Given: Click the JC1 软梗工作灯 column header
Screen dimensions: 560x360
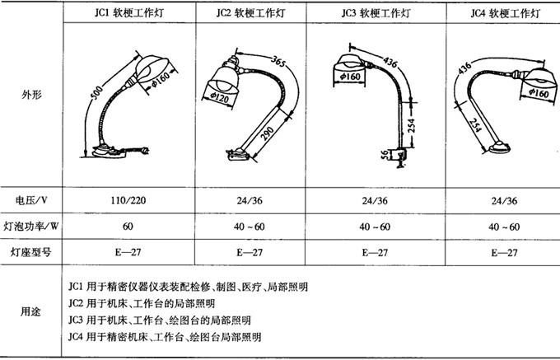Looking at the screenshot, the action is coord(129,13).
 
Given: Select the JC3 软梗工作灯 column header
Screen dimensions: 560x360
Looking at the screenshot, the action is coord(376,13).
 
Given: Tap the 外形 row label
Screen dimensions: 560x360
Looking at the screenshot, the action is coord(31,95).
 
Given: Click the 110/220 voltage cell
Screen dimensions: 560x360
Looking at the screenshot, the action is coord(128,200).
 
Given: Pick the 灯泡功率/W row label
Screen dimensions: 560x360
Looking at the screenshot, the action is coord(31,227).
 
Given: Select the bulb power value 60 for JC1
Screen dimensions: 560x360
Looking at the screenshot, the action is coord(128,227).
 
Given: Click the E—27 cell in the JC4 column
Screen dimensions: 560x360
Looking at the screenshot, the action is coord(504,253).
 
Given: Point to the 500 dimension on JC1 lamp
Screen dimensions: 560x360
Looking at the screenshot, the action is coord(97,92).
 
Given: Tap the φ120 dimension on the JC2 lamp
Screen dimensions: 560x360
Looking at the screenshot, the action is coord(219,97).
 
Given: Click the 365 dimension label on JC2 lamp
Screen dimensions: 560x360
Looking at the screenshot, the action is coord(278,61).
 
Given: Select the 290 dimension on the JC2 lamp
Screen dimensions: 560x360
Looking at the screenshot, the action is coord(268,133).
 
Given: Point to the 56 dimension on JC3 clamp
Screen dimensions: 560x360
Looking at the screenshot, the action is coord(385,155).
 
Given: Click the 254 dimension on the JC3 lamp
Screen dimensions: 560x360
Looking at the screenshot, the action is coord(412,126).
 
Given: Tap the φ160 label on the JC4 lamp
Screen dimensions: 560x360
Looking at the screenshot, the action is coord(539,93).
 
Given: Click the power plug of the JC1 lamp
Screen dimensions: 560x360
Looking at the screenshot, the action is coord(145,151).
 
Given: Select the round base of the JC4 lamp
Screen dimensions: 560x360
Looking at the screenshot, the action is coord(499,147).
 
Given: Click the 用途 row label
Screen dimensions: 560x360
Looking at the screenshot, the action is coord(30,311).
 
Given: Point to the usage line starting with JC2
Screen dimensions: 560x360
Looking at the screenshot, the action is coord(142,303).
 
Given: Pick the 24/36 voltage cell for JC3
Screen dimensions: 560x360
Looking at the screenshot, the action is coord(376,201).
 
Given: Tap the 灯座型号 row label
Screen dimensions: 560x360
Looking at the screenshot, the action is coord(30,253).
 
